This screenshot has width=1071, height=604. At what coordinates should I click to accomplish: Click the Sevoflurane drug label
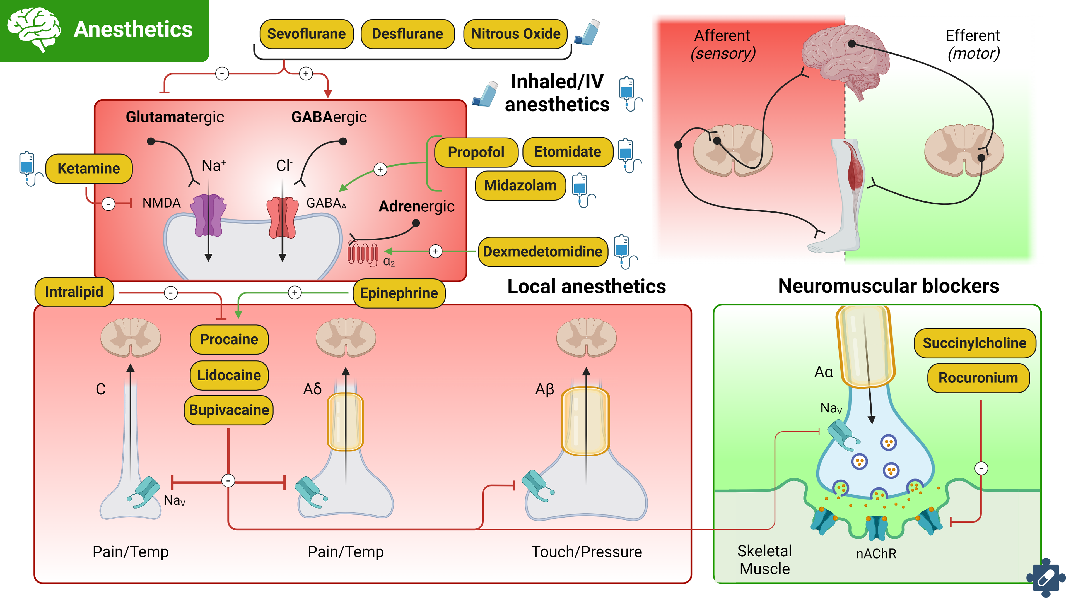click(x=307, y=34)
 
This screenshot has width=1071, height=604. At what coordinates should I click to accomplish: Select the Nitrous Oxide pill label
click(x=515, y=34)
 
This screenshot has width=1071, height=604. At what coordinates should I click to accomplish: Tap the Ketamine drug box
click(x=89, y=169)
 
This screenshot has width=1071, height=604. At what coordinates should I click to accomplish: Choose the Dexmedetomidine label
click(x=542, y=252)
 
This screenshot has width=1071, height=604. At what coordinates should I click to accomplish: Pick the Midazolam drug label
click(x=520, y=186)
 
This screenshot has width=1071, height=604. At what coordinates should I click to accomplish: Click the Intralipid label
click(x=74, y=292)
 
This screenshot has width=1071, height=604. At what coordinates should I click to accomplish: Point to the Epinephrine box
click(x=399, y=293)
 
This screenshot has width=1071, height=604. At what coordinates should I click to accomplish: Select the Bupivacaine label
click(x=229, y=410)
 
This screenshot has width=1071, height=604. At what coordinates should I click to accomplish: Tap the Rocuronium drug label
click(x=978, y=378)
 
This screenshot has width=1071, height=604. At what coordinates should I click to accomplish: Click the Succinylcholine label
click(x=974, y=343)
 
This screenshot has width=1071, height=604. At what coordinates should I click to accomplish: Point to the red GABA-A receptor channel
click(x=283, y=217)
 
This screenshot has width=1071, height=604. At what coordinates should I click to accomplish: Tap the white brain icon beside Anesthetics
click(x=34, y=29)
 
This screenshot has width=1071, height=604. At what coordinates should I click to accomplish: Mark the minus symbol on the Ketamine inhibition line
click(x=108, y=204)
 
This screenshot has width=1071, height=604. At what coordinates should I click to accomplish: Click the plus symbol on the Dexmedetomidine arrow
click(x=435, y=251)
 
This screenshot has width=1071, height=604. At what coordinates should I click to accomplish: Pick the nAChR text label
click(x=876, y=554)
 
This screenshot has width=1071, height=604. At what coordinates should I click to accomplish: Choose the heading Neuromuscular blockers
click(x=889, y=286)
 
